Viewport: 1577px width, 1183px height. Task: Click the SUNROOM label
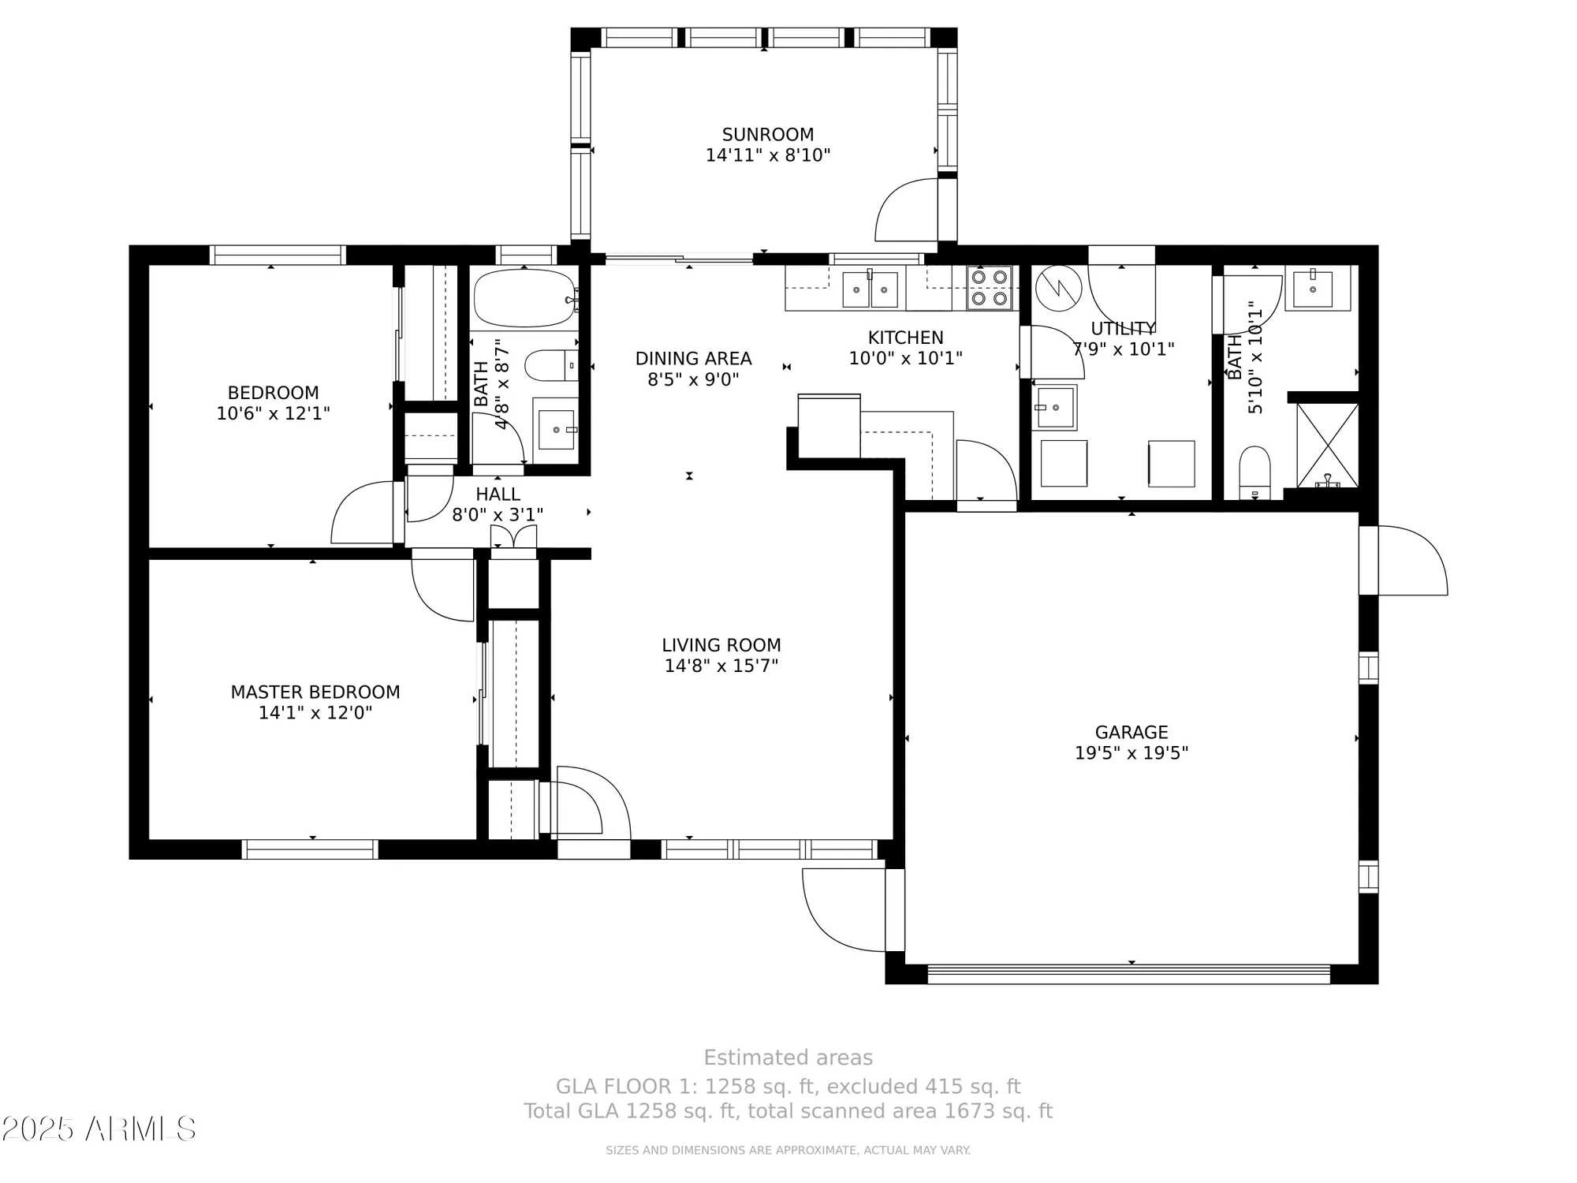tap(767, 135)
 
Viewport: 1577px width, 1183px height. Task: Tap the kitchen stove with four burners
tap(990, 288)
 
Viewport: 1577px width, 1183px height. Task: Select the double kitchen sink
tap(870, 289)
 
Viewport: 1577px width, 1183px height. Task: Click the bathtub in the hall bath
tap(525, 299)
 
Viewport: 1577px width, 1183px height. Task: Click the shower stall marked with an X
tap(1328, 446)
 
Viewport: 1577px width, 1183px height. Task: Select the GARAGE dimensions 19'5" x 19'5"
tap(1131, 753)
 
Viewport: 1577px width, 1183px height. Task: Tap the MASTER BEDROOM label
tap(315, 692)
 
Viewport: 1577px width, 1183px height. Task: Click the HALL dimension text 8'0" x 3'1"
tap(498, 515)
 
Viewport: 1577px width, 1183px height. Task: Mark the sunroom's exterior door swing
tap(907, 211)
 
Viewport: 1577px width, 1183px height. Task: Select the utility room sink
tap(1055, 408)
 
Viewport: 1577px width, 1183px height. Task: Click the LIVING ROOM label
tap(721, 645)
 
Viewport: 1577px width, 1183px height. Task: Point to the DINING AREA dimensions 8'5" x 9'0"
tap(693, 380)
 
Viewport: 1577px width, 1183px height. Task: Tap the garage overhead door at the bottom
tap(1128, 973)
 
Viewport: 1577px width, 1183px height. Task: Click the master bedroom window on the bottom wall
tap(310, 849)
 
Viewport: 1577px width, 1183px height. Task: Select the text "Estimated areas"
tap(788, 1058)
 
